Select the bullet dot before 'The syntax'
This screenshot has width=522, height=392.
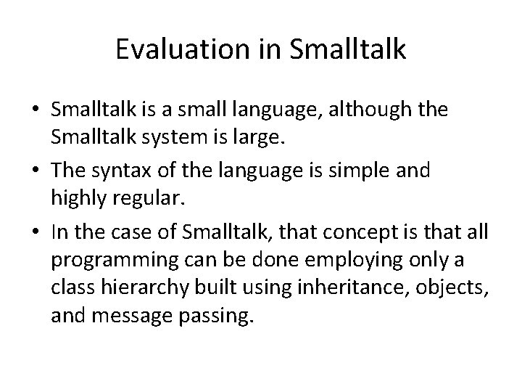(x=36, y=170)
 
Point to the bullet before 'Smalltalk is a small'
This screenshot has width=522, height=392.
(x=36, y=110)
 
